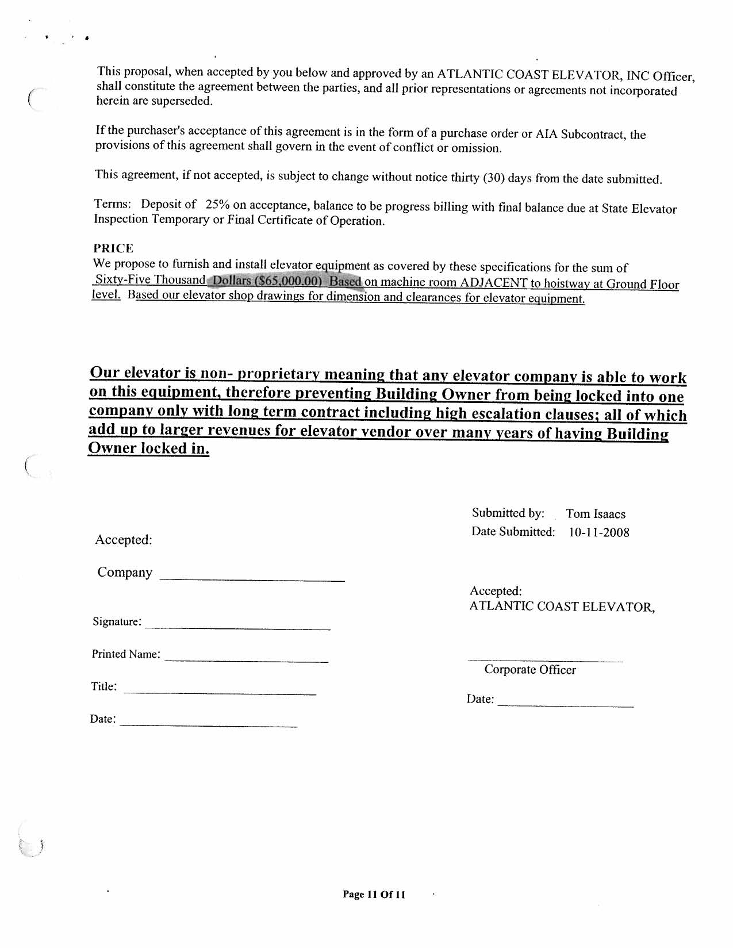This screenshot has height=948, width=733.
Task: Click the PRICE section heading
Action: pyautogui.click(x=113, y=248)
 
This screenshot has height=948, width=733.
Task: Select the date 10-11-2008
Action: pyautogui.click(x=598, y=532)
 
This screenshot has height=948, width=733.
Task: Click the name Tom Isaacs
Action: pyautogui.click(x=596, y=514)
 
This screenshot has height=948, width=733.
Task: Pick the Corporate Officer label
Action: pyautogui.click(x=529, y=670)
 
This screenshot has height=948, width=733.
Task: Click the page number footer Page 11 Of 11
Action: pyautogui.click(x=374, y=894)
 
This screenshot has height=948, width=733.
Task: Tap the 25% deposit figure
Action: pyautogui.click(x=217, y=205)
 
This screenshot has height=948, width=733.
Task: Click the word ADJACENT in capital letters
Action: pyautogui.click(x=494, y=283)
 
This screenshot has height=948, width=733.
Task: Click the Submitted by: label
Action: pyautogui.click(x=508, y=513)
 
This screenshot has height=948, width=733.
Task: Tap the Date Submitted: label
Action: pyautogui.click(x=513, y=532)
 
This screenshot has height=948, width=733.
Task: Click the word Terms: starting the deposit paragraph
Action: pyautogui.click(x=112, y=204)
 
